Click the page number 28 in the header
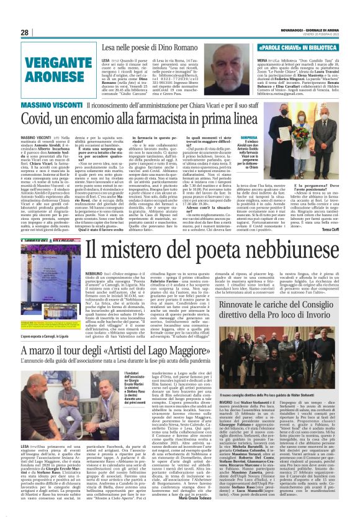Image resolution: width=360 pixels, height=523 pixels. tap(25, 32)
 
